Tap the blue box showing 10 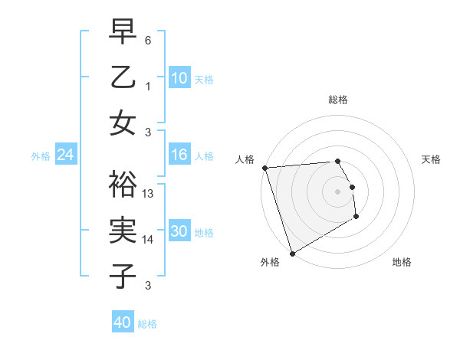(x=179, y=77)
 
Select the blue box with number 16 (x=179, y=155)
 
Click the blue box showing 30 (x=179, y=232)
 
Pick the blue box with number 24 (x=66, y=155)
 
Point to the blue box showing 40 (x=123, y=322)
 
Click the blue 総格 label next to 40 (x=147, y=324)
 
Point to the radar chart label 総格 (x=338, y=100)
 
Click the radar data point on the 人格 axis (x=264, y=168)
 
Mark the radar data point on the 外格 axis (x=292, y=254)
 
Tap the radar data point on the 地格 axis (x=356, y=218)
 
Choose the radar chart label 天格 (x=432, y=159)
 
